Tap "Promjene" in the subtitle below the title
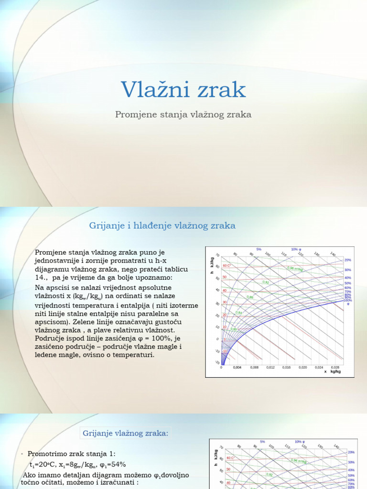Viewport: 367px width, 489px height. click(135, 115)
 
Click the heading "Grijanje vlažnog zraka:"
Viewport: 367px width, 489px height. click(126, 433)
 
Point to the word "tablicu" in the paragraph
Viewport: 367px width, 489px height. click(175, 269)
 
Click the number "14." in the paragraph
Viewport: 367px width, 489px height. click(42, 277)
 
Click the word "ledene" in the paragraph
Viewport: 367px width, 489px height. click(47, 355)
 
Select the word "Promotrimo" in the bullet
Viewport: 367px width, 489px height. click(48, 454)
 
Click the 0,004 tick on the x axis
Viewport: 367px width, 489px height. click(237, 368)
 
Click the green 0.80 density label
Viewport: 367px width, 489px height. click(234, 329)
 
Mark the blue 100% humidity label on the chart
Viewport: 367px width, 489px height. click(348, 300)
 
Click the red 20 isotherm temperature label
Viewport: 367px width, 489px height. click(225, 315)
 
